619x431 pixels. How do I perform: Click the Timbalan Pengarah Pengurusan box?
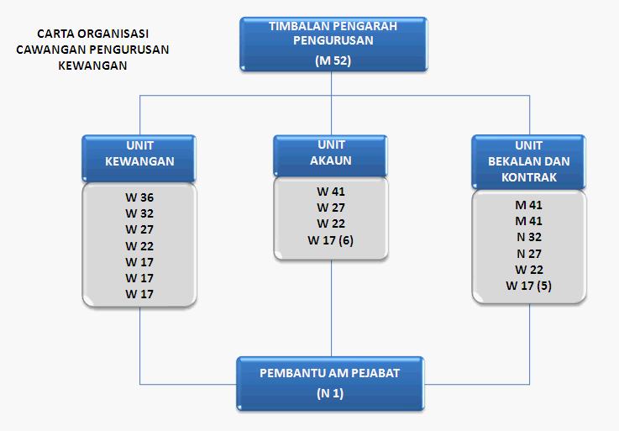pyautogui.click(x=333, y=44)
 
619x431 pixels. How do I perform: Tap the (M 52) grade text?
pyautogui.click(x=333, y=60)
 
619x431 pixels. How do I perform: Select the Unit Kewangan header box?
pyautogui.click(x=139, y=159)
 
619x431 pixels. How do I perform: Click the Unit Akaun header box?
pyautogui.click(x=330, y=155)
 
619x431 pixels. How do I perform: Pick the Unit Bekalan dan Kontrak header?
pyautogui.click(x=528, y=162)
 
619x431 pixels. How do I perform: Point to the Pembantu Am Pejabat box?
pyautogui.click(x=330, y=384)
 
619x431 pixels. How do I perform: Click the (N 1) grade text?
pyautogui.click(x=330, y=393)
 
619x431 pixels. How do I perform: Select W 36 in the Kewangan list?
pyautogui.click(x=139, y=197)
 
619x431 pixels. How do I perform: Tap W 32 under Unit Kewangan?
pyautogui.click(x=139, y=213)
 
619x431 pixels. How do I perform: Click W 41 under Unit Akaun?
pyautogui.click(x=331, y=192)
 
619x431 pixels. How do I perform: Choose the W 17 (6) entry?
pyautogui.click(x=330, y=240)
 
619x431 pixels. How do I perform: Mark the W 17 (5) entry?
pyautogui.click(x=528, y=286)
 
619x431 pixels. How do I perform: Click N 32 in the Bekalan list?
pyautogui.click(x=529, y=237)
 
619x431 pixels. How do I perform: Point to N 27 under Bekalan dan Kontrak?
pyautogui.click(x=529, y=254)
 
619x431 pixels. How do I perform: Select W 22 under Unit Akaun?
pyautogui.click(x=331, y=223)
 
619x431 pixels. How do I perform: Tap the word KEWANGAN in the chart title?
pyautogui.click(x=92, y=66)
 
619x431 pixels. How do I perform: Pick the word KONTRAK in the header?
pyautogui.click(x=529, y=177)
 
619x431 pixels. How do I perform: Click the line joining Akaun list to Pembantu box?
pyautogui.click(x=331, y=308)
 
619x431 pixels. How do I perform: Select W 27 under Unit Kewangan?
pyautogui.click(x=139, y=229)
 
